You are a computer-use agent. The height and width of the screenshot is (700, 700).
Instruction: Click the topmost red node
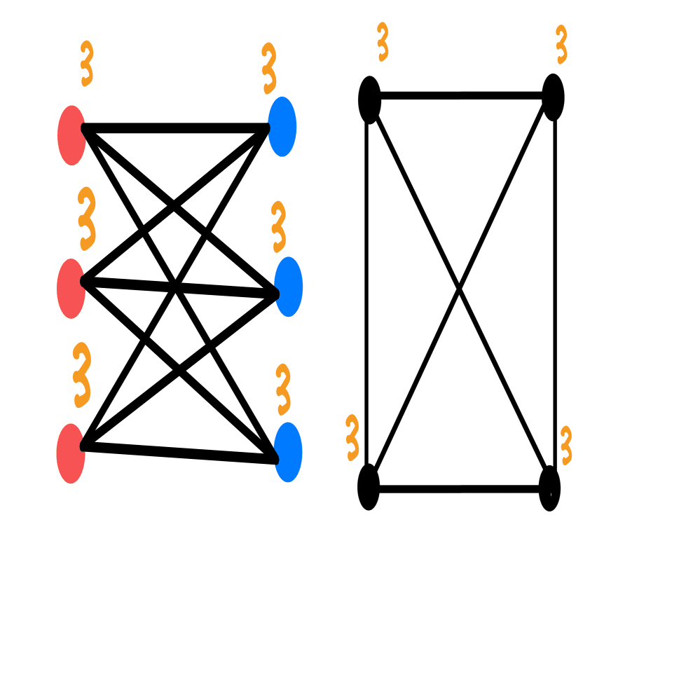point(71,135)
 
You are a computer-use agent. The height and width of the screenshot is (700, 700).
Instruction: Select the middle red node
point(71,289)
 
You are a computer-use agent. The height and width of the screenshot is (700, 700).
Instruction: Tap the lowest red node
point(71,453)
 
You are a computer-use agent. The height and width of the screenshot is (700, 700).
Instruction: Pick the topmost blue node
point(282,126)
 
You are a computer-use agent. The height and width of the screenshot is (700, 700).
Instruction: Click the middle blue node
point(289,287)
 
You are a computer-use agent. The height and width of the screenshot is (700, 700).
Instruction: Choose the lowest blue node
point(288,452)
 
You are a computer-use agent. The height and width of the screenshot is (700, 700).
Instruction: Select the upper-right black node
point(553,97)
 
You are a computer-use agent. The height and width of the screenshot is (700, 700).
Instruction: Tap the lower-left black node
point(369,487)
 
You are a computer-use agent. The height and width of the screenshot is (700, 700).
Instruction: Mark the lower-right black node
point(549,488)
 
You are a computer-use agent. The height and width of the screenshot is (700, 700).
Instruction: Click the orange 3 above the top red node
point(86,63)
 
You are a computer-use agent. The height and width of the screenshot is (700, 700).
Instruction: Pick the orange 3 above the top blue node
point(269,68)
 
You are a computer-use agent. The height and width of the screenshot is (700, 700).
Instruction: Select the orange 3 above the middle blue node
point(279,226)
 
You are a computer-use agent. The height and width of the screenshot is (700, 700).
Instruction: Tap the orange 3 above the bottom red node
point(82,375)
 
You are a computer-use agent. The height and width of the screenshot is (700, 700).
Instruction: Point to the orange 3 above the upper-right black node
point(561,44)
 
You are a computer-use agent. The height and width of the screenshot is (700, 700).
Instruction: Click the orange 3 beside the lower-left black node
point(352,437)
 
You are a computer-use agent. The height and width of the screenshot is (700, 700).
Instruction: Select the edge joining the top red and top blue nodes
point(175,128)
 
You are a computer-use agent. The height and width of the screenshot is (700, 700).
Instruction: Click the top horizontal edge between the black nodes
point(461,96)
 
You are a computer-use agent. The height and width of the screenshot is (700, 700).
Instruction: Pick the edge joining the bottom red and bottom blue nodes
point(179,453)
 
